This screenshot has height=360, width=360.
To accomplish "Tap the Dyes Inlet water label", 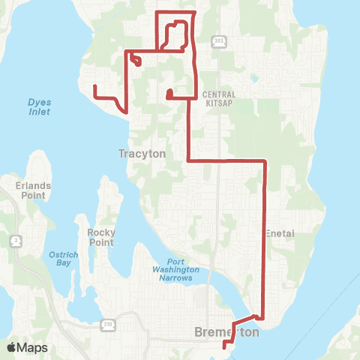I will tap(39, 106).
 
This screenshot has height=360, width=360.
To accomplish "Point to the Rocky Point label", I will tap(100, 237).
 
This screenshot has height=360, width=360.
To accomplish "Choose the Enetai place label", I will tap(280, 233).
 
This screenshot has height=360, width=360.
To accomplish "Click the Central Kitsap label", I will tap(219, 99).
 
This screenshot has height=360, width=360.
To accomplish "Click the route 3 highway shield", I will tap(16, 240).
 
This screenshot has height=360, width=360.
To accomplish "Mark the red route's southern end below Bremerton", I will tap(224, 345).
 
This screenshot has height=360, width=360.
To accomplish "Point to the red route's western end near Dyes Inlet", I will tap(94, 87).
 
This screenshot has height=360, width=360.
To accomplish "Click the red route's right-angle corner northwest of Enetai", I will tap(265, 160).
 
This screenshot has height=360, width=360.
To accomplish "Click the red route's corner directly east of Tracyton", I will tap(187, 160).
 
